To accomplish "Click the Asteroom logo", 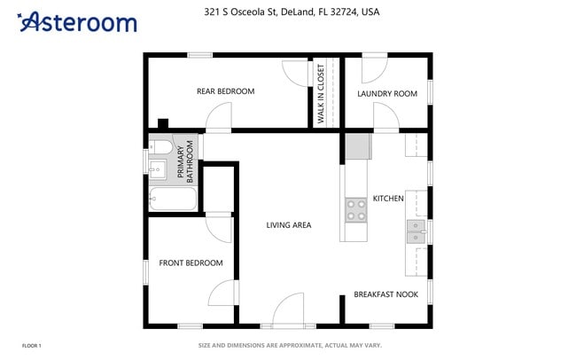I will click(77, 22).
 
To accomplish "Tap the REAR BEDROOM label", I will click(225, 91).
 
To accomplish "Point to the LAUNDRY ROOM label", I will click(386, 93).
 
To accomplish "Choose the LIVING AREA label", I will click(289, 225).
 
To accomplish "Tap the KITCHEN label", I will click(388, 199).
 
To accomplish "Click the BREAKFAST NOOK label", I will click(386, 294).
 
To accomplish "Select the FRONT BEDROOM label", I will click(191, 263).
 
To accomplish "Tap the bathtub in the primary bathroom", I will click(173, 199).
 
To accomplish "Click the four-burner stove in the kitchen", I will click(355, 209).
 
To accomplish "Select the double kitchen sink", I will click(415, 231).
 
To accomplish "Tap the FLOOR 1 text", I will click(31, 345).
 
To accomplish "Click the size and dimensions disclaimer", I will click(288, 345).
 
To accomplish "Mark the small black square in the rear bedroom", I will click(162, 123).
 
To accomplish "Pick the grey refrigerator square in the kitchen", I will click(357, 145).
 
